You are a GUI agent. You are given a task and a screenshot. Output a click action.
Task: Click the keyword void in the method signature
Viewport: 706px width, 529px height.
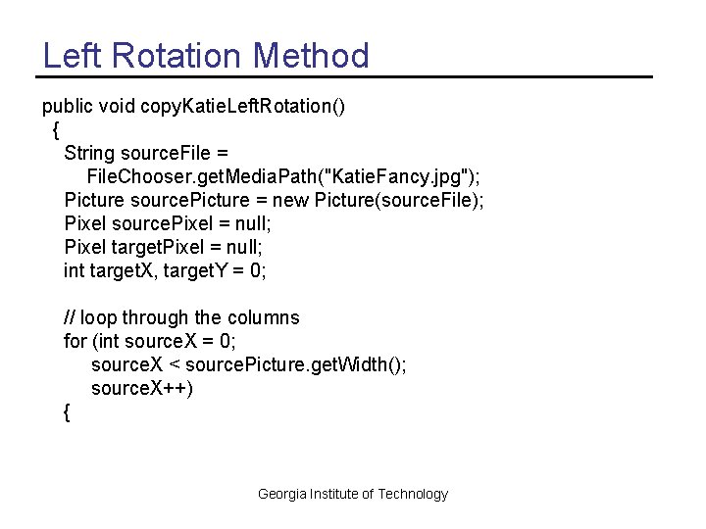pos(117,106)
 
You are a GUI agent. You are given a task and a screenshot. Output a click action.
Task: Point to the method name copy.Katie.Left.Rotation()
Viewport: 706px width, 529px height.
pos(242,106)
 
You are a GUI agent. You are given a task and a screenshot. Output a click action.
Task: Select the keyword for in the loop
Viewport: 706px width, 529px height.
pos(75,341)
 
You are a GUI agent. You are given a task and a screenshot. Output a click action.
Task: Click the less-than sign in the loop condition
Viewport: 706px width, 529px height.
pos(174,364)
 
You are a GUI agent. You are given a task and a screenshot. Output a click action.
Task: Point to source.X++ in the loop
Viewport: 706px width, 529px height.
pos(141,388)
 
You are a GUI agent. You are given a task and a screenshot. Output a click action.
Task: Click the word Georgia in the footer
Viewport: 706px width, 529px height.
pos(282,494)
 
